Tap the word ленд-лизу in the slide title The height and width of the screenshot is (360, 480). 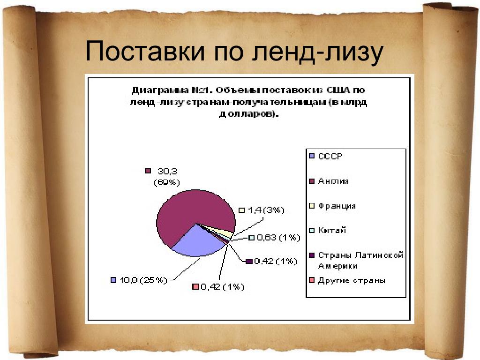[x=318, y=52]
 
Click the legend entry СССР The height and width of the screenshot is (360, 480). [x=326, y=156]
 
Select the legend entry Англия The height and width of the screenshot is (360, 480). [x=329, y=181]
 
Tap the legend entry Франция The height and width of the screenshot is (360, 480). [x=332, y=206]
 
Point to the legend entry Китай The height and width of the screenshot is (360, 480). [x=328, y=230]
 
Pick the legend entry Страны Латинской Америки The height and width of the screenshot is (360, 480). [x=356, y=260]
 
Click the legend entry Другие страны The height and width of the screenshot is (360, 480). [x=347, y=280]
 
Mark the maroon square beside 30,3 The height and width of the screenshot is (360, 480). [x=148, y=171]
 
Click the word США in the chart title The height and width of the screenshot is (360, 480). [x=338, y=90]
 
